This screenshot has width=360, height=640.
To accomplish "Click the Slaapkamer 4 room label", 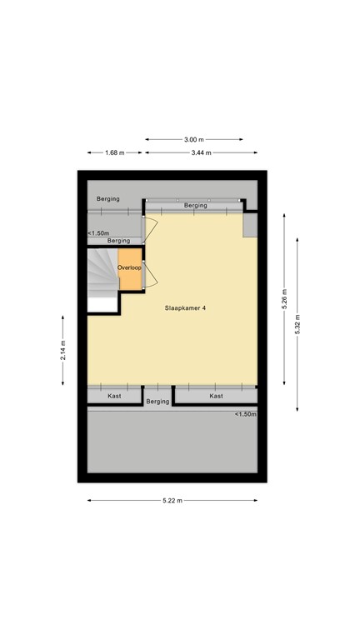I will [x=186, y=308].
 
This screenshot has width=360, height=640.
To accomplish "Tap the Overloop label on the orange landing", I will [x=130, y=267].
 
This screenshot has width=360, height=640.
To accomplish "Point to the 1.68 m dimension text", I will [x=114, y=152].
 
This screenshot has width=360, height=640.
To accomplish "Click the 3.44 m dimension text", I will [x=201, y=152].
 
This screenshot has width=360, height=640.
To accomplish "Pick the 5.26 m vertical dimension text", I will [x=284, y=298].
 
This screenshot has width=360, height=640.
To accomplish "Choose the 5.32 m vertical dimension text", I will [x=297, y=320].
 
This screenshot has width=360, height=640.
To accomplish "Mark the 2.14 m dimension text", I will [x=63, y=351].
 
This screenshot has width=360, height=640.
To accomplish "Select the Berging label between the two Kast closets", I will [x=157, y=401].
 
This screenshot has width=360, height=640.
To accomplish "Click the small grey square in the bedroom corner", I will [x=249, y=225].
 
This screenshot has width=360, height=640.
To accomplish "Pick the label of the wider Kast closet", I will [x=216, y=396].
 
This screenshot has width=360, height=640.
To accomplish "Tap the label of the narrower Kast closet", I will [x=114, y=396].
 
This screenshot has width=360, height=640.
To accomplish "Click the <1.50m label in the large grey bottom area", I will [x=244, y=414].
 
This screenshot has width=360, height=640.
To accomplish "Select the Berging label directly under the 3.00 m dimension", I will [x=195, y=205].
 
